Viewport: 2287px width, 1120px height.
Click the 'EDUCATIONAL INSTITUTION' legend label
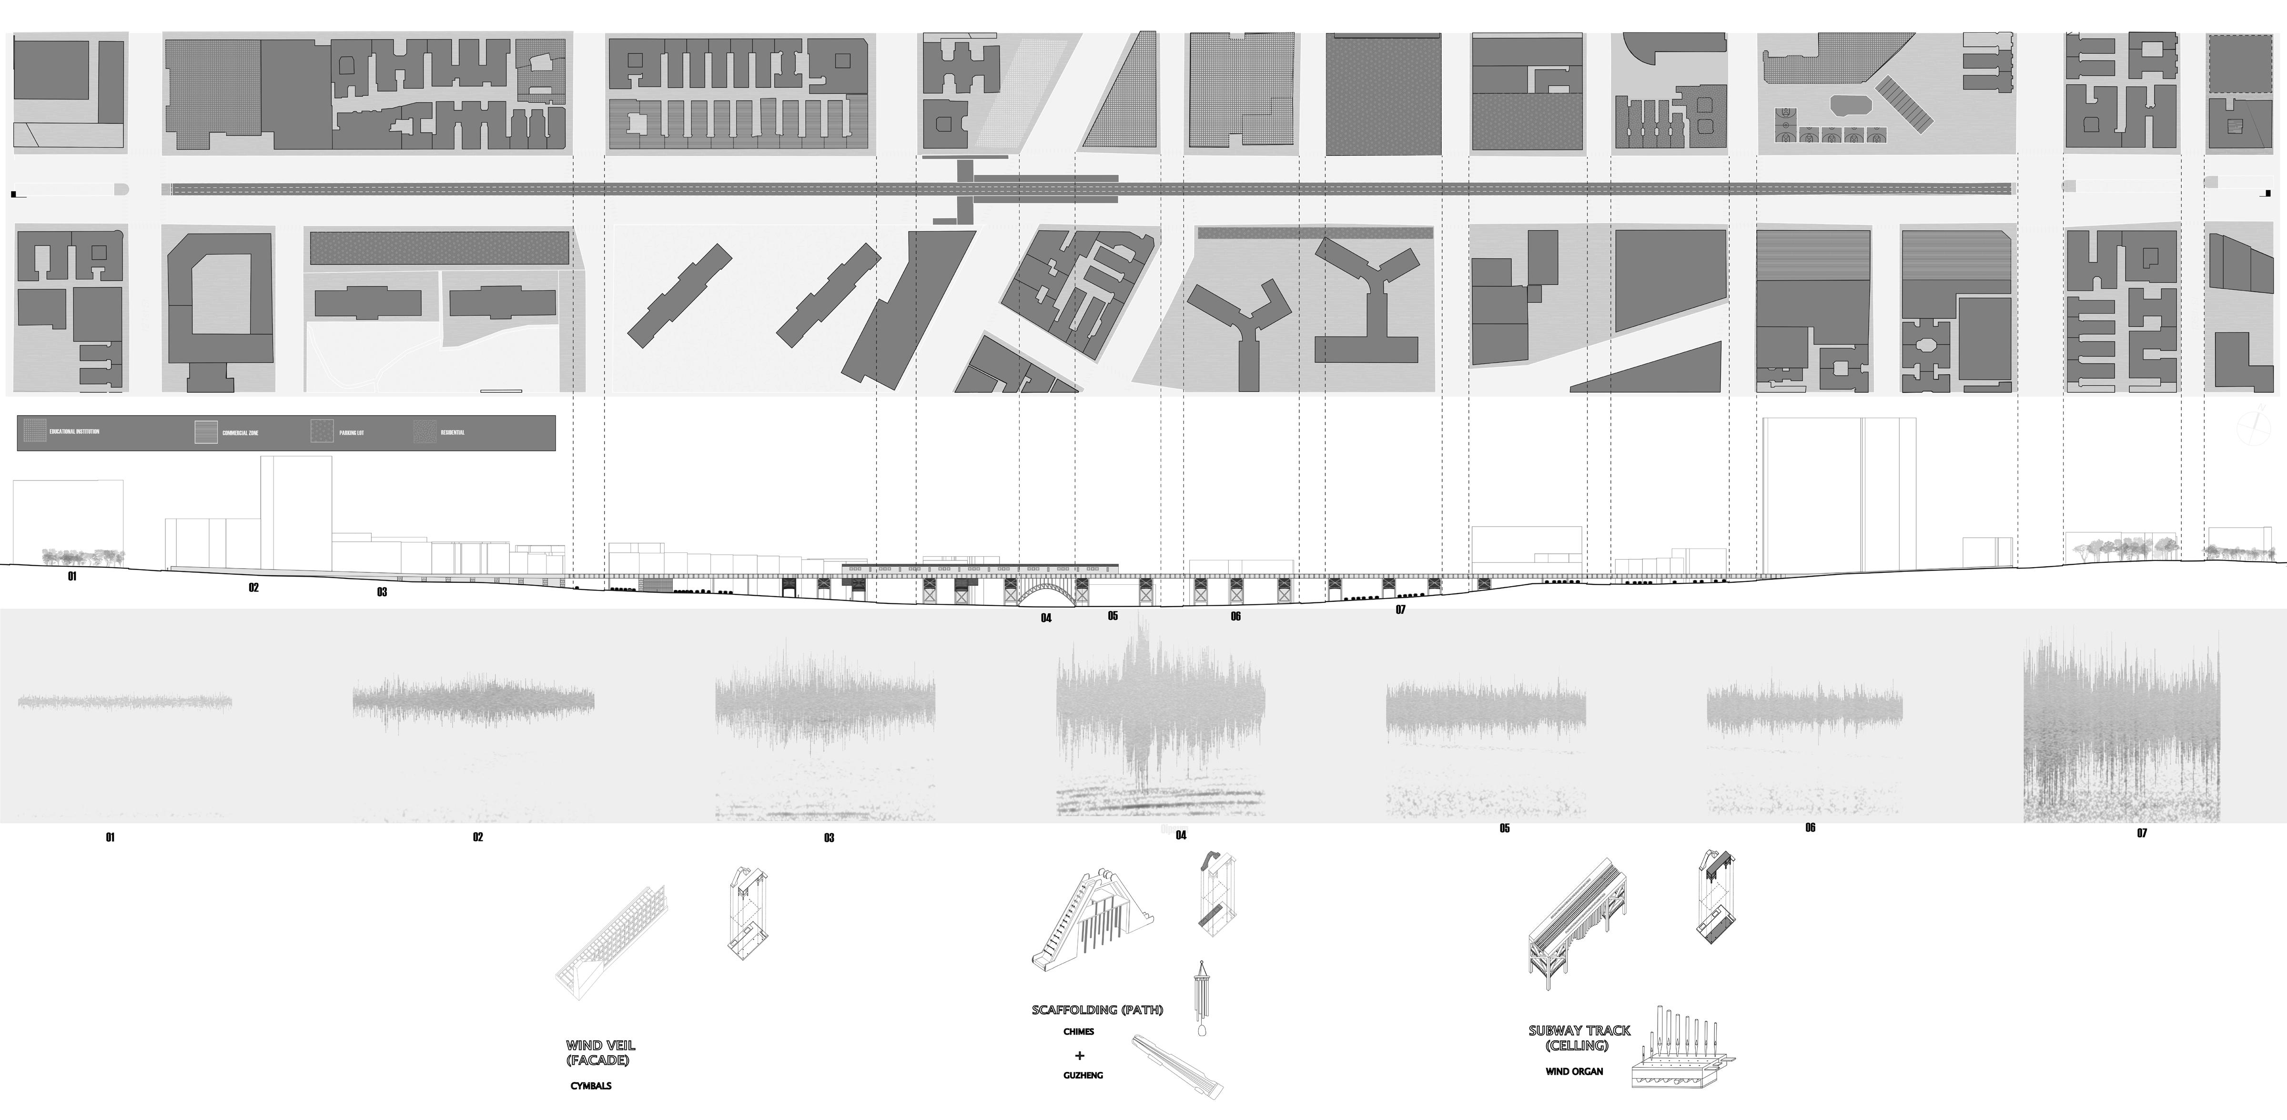75,432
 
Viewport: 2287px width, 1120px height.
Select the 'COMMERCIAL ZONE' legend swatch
206,433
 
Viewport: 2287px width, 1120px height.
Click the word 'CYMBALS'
590,1085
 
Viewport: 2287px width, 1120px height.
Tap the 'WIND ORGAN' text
1574,1071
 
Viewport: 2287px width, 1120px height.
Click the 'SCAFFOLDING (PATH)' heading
1096,1010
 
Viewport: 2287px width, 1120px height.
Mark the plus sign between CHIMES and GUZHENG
1080,1055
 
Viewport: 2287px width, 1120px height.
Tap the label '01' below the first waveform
110,837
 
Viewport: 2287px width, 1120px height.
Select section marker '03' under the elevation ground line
382,591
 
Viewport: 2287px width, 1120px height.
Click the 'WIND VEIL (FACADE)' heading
600,1052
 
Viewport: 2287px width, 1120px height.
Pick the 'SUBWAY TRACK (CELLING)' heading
1579,1038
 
